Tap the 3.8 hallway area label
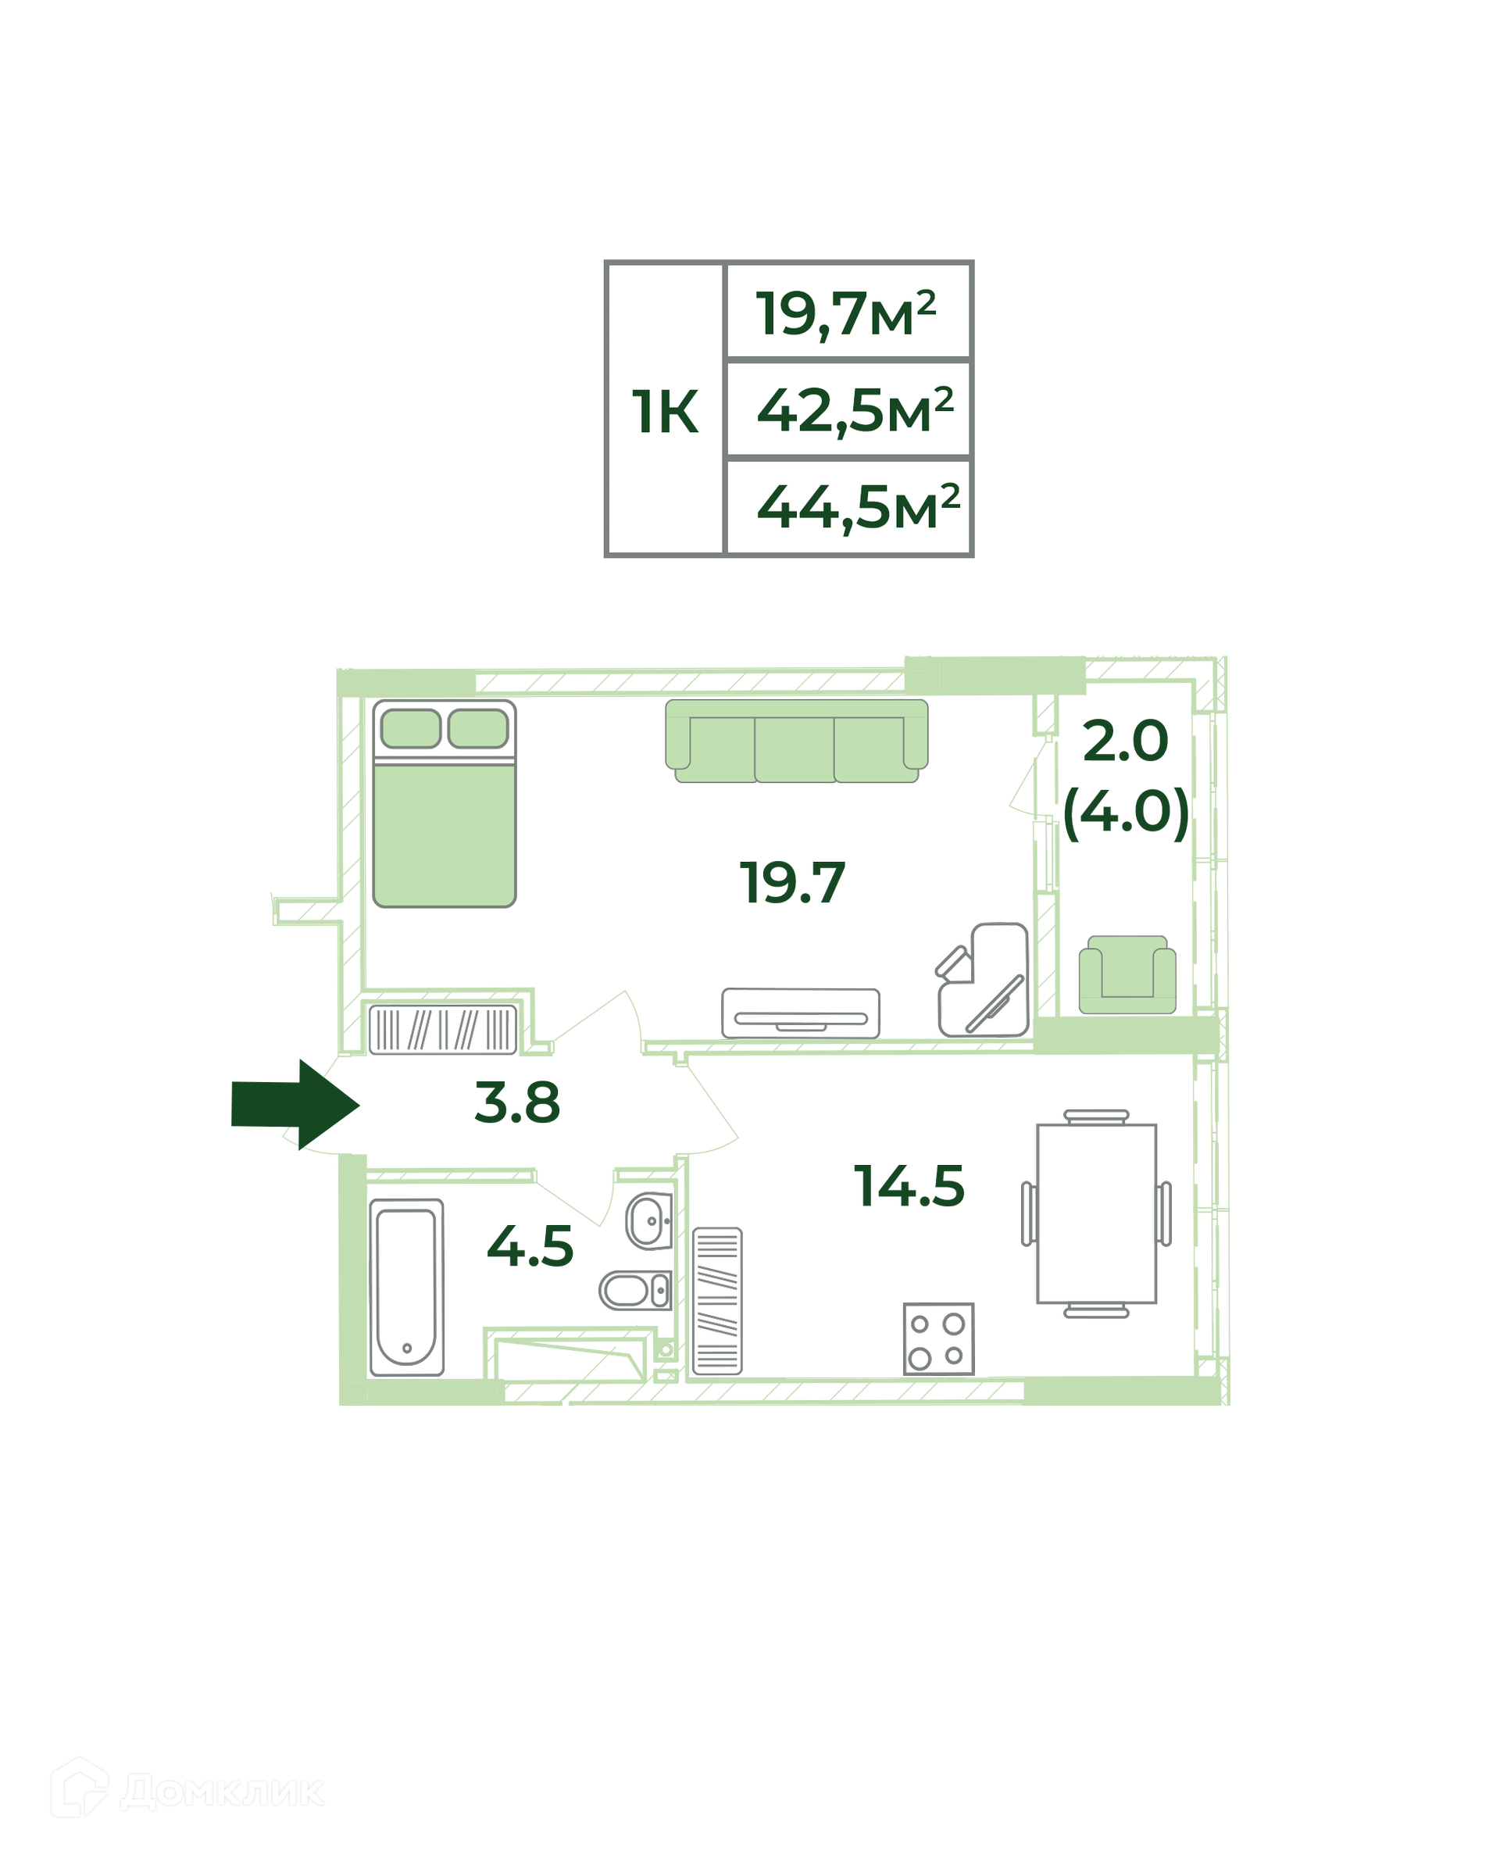coord(517,1102)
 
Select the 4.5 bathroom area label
coord(530,1247)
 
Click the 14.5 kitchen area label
coord(909,1185)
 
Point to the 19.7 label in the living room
coord(792,883)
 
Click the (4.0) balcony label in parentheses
coord(1126,813)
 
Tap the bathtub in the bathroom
coord(406,1288)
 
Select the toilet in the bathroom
coord(636,1290)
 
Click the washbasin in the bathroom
coord(650,1221)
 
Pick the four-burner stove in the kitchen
coord(938,1338)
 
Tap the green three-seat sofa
coord(796,741)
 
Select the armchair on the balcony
coord(1127,975)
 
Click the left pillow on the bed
coord(411,728)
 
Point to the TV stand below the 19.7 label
coord(800,1013)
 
